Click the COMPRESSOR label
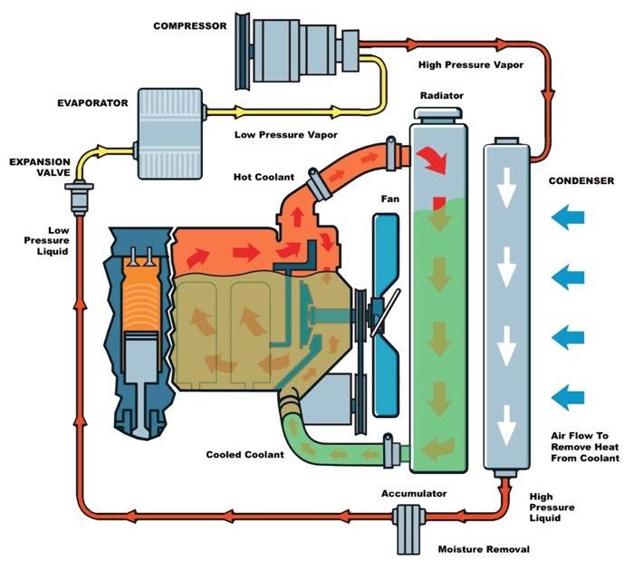(x=190, y=26)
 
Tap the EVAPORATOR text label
(x=92, y=103)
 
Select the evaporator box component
(x=170, y=133)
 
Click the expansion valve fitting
(x=80, y=198)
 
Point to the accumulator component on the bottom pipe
(x=408, y=529)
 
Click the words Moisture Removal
(x=484, y=549)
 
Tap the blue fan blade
(x=386, y=315)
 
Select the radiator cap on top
(x=438, y=115)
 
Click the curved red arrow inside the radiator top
(x=433, y=159)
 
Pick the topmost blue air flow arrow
(x=568, y=218)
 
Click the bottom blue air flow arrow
(x=568, y=397)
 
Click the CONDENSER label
(x=581, y=181)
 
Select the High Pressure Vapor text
(x=471, y=64)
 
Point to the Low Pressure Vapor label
(x=286, y=135)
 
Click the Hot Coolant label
(x=264, y=177)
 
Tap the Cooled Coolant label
(x=245, y=454)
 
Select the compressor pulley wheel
(x=243, y=51)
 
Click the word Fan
(x=390, y=198)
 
